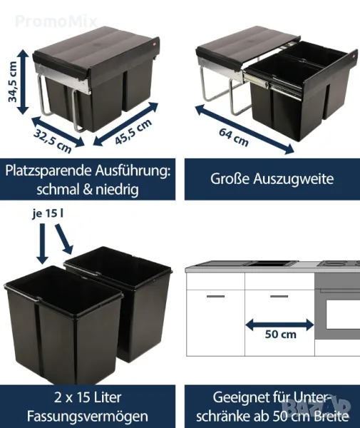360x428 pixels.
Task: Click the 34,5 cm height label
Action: (x=13, y=82)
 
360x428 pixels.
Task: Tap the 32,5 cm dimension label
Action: (x=52, y=141)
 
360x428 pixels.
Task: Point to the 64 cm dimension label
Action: (x=234, y=137)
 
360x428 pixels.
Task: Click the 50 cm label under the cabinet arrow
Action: (x=281, y=335)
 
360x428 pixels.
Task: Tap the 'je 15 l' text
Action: (x=48, y=214)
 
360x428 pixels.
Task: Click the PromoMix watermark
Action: (x=56, y=21)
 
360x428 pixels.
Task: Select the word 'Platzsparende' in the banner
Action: (x=48, y=172)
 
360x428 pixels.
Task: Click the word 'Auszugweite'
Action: (x=294, y=179)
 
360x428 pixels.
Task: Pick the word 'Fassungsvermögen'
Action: (x=88, y=417)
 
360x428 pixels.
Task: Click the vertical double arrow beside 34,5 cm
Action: (x=24, y=82)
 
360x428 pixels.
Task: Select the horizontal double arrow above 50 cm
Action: (x=280, y=325)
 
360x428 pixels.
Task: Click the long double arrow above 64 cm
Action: (x=245, y=129)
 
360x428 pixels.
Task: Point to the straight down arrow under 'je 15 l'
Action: (x=42, y=243)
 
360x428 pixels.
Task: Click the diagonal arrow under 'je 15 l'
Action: (x=64, y=239)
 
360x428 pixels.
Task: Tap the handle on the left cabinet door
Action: (x=216, y=296)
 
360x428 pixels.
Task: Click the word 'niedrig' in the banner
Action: (x=117, y=190)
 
